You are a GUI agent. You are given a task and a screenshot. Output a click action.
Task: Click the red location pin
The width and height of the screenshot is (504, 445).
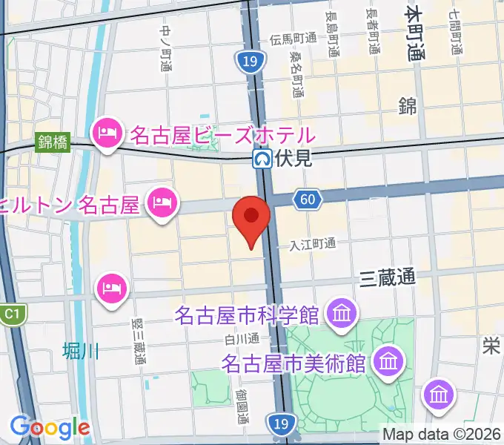(251, 217)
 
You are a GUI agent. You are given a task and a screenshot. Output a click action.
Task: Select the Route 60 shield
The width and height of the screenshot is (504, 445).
(308, 199)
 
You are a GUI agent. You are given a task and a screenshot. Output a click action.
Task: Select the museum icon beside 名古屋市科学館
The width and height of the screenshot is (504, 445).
(341, 314)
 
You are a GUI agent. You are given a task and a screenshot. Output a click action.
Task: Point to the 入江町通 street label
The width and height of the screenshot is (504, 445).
(313, 243)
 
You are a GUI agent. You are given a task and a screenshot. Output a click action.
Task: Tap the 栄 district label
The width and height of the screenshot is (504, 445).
(491, 346)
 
